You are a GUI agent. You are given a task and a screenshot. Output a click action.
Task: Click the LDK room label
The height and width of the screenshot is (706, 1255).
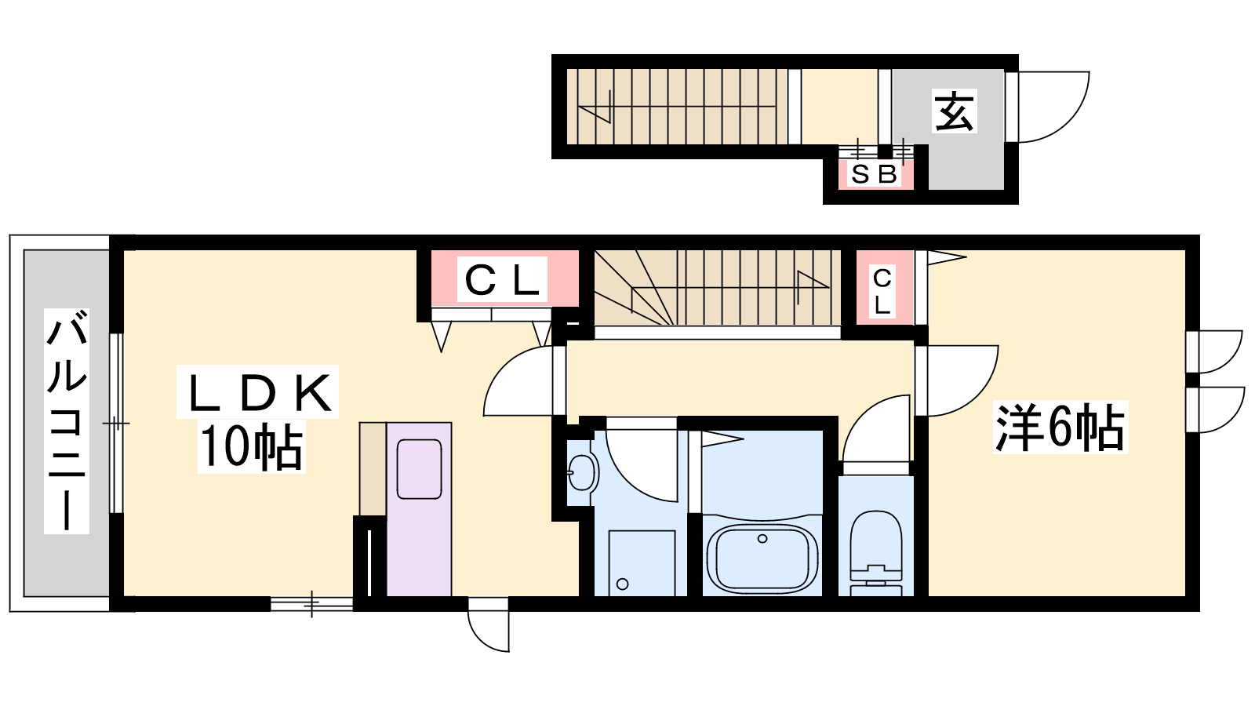pos(259,393)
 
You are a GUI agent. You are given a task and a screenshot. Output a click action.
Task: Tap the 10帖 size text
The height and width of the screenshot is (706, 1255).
pos(252,446)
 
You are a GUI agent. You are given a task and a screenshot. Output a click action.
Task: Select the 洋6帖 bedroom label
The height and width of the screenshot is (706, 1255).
pos(1060,427)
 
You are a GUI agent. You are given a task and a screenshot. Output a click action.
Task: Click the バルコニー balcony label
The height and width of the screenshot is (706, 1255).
pos(67,420)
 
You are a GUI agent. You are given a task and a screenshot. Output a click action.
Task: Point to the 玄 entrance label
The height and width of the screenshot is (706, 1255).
pos(954,111)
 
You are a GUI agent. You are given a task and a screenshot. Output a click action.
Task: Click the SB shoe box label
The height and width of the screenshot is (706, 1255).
pos(875,175)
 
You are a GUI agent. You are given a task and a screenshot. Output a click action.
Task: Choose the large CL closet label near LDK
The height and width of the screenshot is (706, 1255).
pos(502,279)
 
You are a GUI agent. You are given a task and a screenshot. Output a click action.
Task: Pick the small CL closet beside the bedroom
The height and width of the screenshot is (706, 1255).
pos(882,291)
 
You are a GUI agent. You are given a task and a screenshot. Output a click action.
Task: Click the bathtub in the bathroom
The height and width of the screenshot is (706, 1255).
pos(762,559)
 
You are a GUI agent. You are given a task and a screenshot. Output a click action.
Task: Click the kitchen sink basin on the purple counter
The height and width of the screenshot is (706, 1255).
pos(419,469)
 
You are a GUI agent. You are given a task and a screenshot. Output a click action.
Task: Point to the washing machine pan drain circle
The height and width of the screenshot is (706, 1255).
pos(622,584)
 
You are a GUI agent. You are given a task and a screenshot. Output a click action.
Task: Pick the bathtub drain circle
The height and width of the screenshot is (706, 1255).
pos(762,538)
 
